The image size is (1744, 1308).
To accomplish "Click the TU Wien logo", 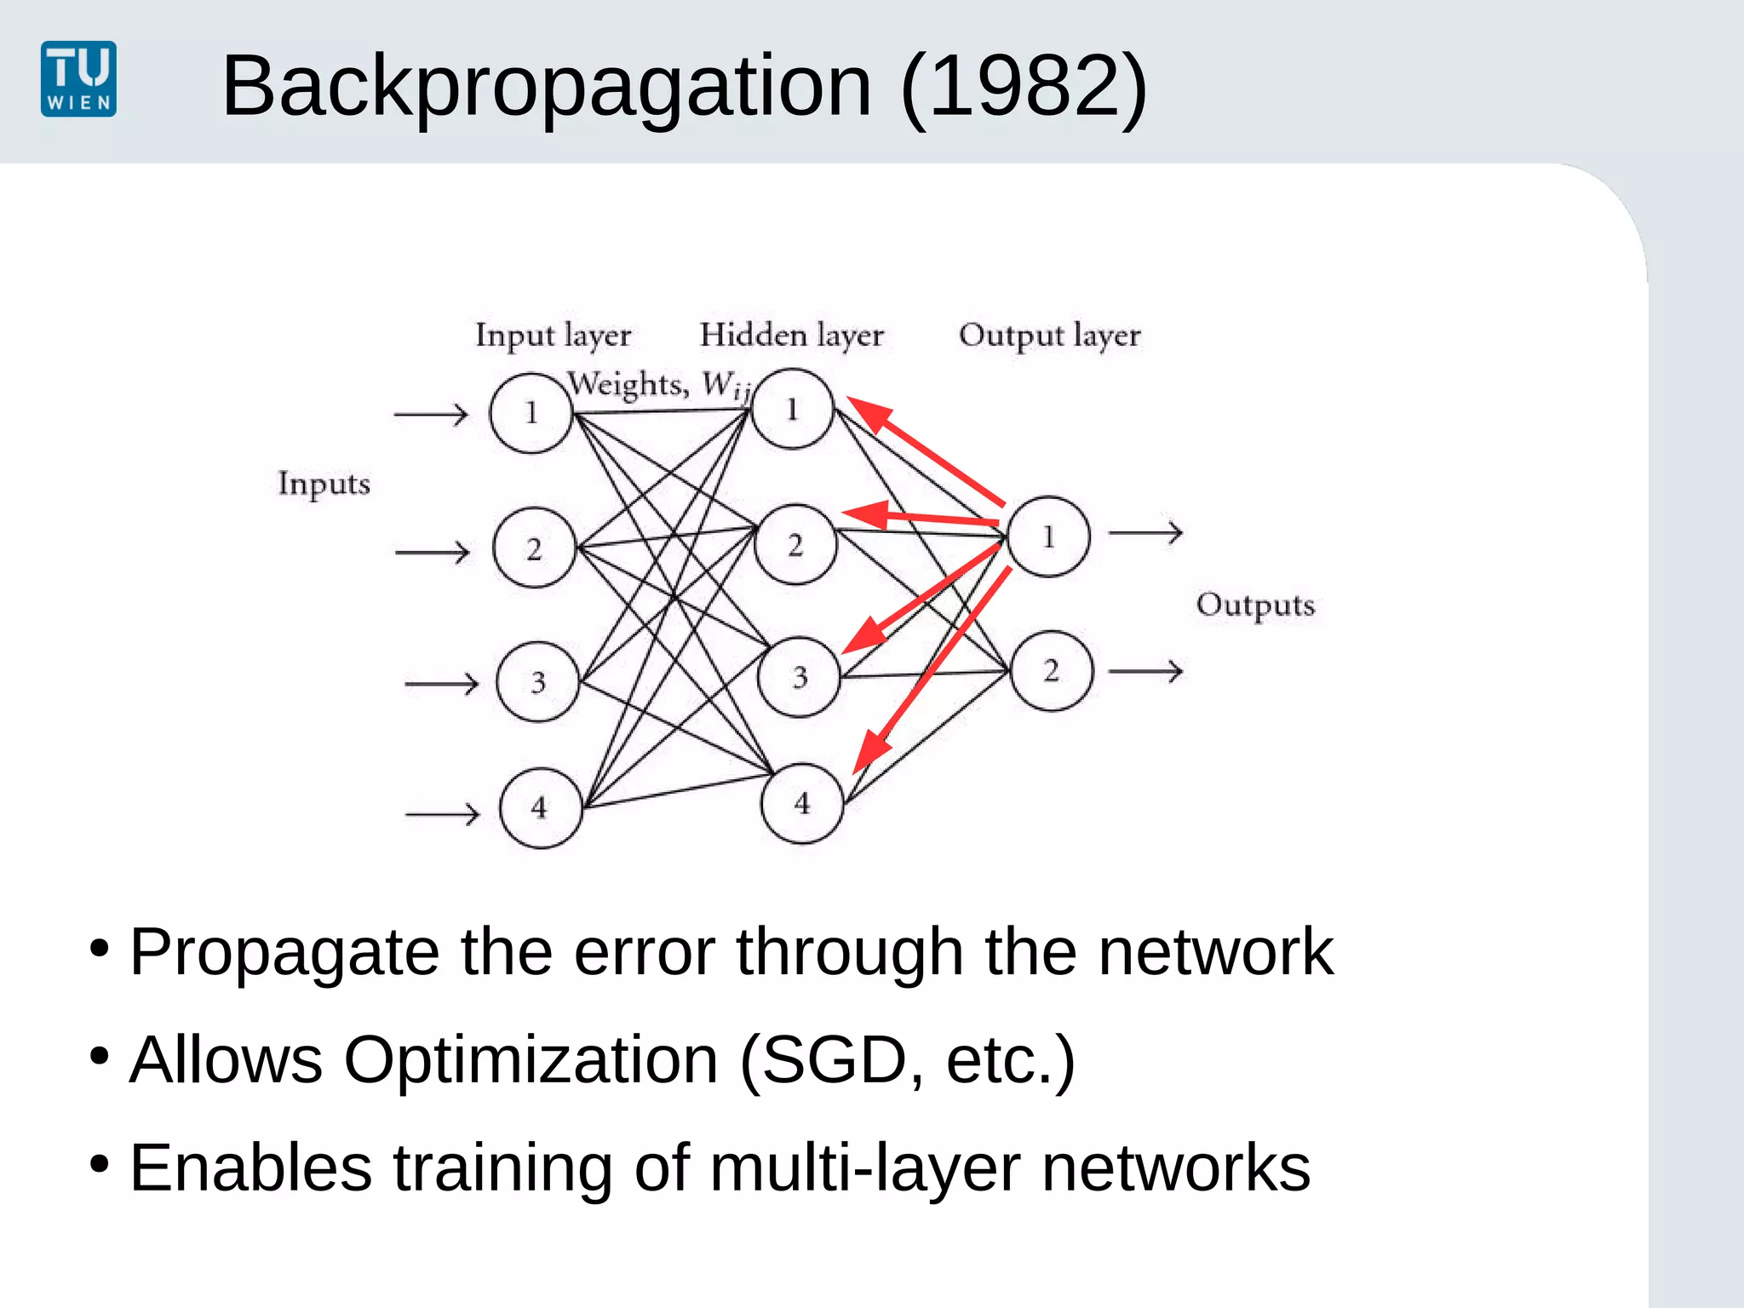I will click(x=78, y=79).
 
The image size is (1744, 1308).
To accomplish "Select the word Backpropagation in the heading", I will click(x=546, y=86).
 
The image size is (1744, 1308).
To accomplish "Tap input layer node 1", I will click(x=531, y=413).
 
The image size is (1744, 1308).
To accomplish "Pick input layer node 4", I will click(x=541, y=807).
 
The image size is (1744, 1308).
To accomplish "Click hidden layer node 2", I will click(x=795, y=545).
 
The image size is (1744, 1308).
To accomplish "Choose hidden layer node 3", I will click(x=800, y=677).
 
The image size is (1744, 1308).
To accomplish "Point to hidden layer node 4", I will click(x=802, y=803).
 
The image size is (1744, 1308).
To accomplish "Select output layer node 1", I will click(x=1048, y=536).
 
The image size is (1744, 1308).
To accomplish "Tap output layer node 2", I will click(x=1052, y=671).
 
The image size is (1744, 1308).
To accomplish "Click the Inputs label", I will click(x=324, y=484).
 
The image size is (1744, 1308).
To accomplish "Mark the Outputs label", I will click(x=1255, y=605).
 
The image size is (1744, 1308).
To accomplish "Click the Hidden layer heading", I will click(x=791, y=336).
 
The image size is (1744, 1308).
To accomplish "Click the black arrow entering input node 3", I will click(x=441, y=684).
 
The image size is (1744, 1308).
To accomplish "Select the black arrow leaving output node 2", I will click(x=1145, y=671).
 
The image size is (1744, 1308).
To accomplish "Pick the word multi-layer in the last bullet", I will click(x=864, y=1168).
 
